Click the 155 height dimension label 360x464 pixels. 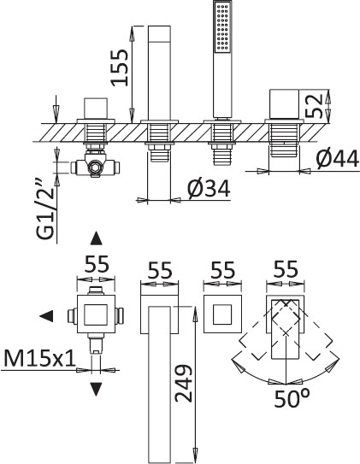point(120,68)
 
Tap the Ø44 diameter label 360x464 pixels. point(337,159)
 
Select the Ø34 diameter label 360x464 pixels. point(209,189)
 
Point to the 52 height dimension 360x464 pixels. point(314,105)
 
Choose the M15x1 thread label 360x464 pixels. point(39,358)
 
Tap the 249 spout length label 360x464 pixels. point(184,384)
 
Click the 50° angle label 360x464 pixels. point(292,398)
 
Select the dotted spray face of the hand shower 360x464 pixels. point(222,27)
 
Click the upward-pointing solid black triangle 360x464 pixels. point(97,238)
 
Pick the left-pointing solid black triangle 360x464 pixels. point(46,316)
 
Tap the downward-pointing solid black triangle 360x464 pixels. point(96,389)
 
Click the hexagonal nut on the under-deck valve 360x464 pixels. point(96,167)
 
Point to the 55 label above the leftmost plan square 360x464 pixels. point(97,264)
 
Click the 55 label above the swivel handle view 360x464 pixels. point(286,269)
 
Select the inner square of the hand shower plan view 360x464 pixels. point(222,314)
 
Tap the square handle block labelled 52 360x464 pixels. point(284,104)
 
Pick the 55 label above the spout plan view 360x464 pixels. point(160,270)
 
